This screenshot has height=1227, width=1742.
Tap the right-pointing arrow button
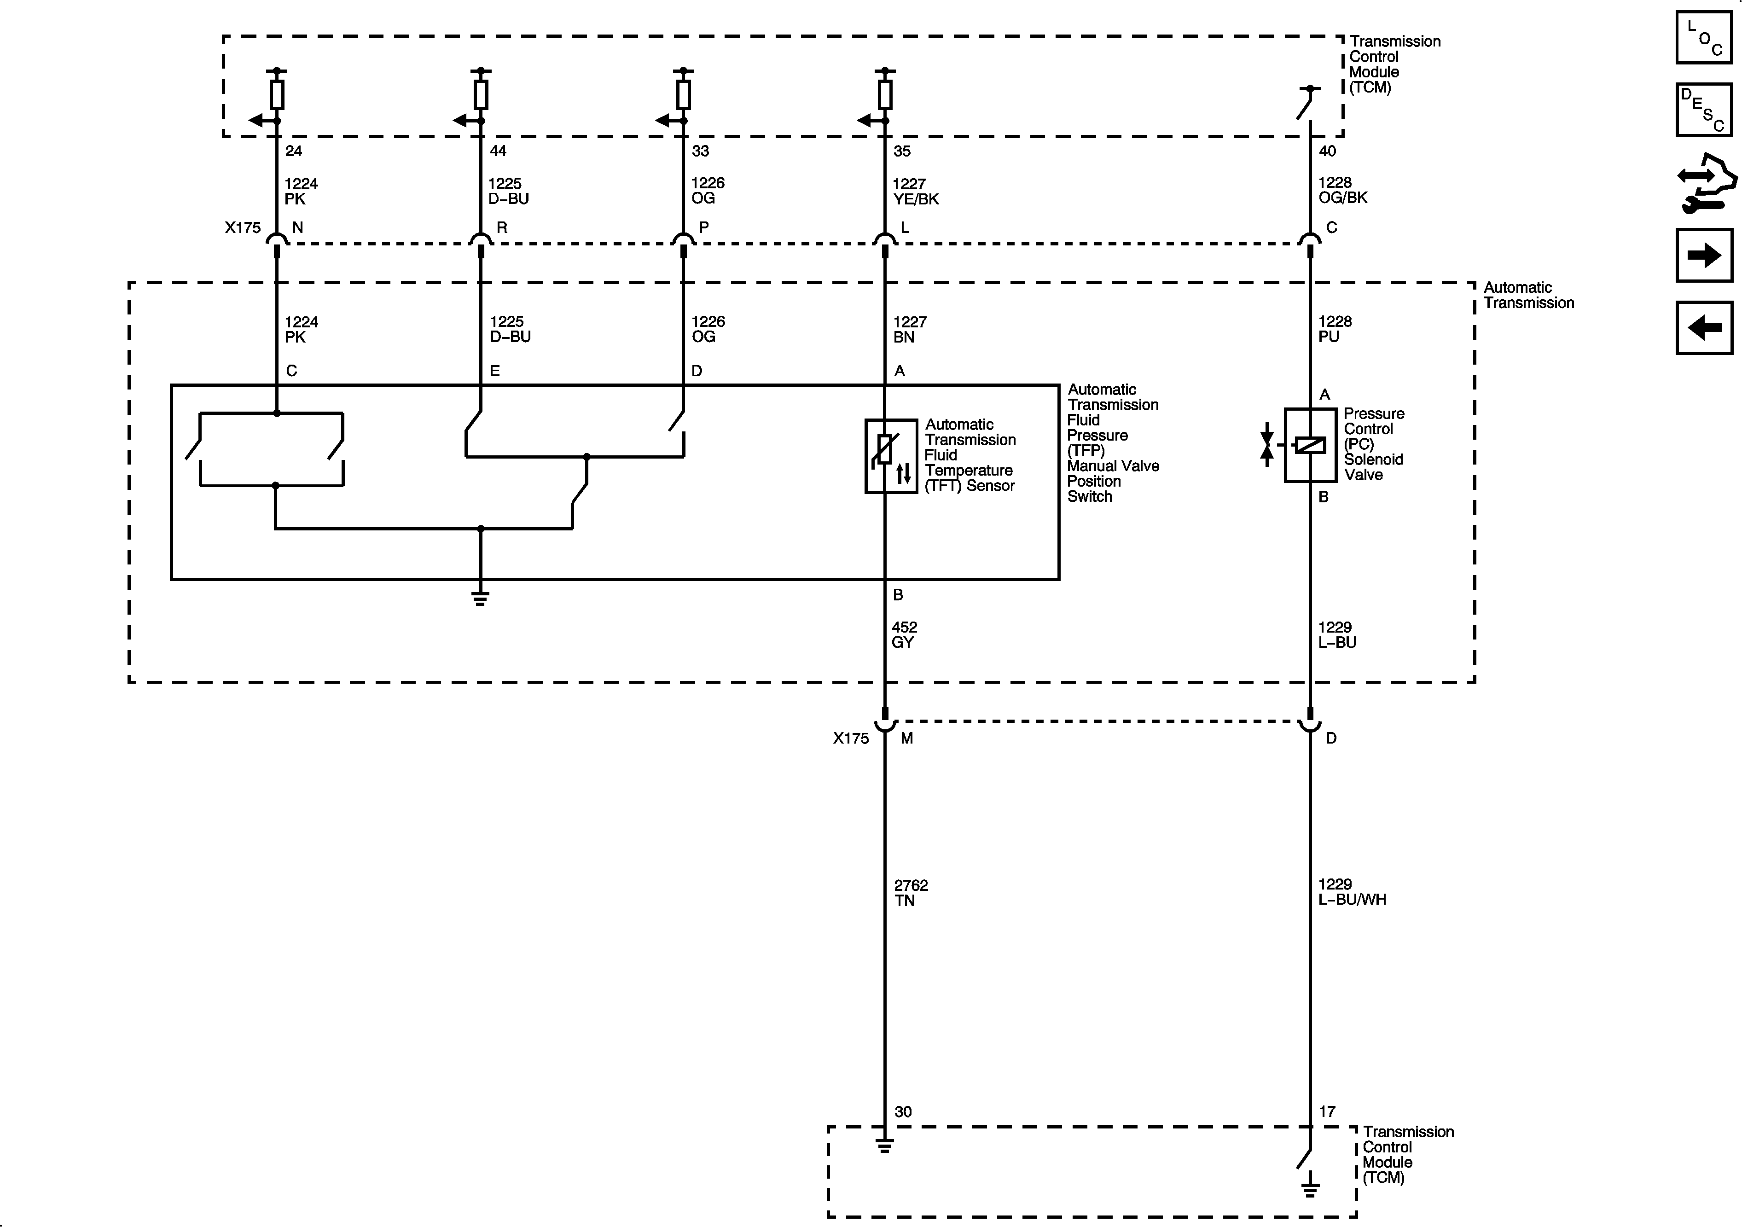pyautogui.click(x=1704, y=255)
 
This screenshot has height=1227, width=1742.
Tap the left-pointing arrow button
pyautogui.click(x=1704, y=328)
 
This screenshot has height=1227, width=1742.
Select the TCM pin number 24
pyautogui.click(x=294, y=151)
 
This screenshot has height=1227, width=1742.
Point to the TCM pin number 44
pyautogui.click(x=498, y=151)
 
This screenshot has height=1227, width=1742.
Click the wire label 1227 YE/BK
pyautogui.click(x=915, y=191)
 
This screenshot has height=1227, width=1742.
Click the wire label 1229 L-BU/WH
pyautogui.click(x=1351, y=892)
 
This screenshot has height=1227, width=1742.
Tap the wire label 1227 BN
pyautogui.click(x=909, y=329)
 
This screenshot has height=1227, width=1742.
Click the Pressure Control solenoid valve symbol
pyautogui.click(x=1310, y=445)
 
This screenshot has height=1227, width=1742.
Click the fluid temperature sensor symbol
pyautogui.click(x=891, y=456)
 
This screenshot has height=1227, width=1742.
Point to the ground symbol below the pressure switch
pyautogui.click(x=480, y=598)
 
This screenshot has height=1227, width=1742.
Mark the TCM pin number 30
pyautogui.click(x=902, y=1111)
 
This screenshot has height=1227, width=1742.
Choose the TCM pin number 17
pyautogui.click(x=1326, y=1111)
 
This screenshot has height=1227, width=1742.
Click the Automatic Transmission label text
pyautogui.click(x=1528, y=295)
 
